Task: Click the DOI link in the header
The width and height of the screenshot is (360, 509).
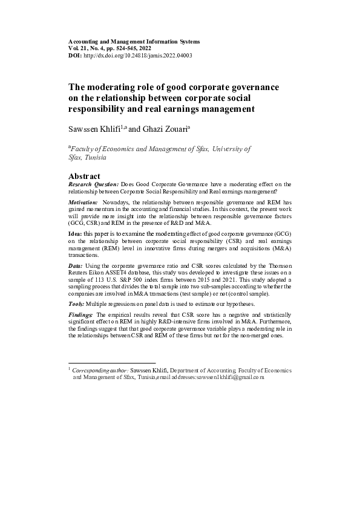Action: [139, 55]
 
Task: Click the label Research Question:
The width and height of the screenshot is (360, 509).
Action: [94, 184]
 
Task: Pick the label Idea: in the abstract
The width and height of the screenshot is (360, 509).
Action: [75, 233]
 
